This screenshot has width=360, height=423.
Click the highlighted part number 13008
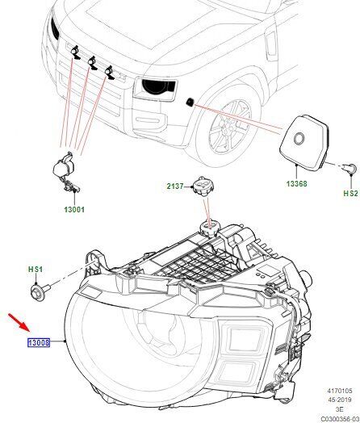point(39,342)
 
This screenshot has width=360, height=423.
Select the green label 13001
point(74,209)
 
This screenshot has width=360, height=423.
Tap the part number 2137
point(175,186)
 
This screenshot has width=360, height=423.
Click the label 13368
point(296,184)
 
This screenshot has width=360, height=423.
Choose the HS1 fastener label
point(36,269)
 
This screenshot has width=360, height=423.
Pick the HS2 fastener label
point(350,193)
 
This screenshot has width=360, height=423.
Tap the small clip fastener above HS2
point(350,169)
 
